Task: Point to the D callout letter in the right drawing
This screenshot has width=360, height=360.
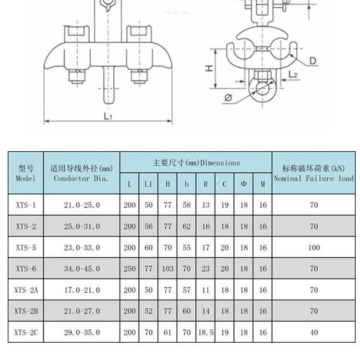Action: coord(312,61)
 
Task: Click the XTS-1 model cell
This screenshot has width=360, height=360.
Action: coord(26,205)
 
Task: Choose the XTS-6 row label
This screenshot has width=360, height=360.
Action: coord(26,269)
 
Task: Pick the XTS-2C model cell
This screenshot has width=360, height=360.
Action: coord(26,332)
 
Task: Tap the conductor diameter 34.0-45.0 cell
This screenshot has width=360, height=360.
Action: coord(82,269)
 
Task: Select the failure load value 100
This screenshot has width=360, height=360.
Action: coord(314,248)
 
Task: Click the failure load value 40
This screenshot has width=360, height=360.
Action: coord(314,332)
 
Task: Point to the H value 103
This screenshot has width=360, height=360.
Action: coord(168,269)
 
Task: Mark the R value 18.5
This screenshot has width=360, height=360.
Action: coord(205,332)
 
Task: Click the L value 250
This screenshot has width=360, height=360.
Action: coord(130,269)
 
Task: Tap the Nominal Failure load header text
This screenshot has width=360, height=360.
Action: coord(314,178)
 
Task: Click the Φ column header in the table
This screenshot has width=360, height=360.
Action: coord(244,184)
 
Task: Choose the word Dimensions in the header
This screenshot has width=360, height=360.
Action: coord(220,163)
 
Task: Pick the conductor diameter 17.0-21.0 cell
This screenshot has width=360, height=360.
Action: coord(82,290)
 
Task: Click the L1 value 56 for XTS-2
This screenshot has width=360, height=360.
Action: coord(148,227)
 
